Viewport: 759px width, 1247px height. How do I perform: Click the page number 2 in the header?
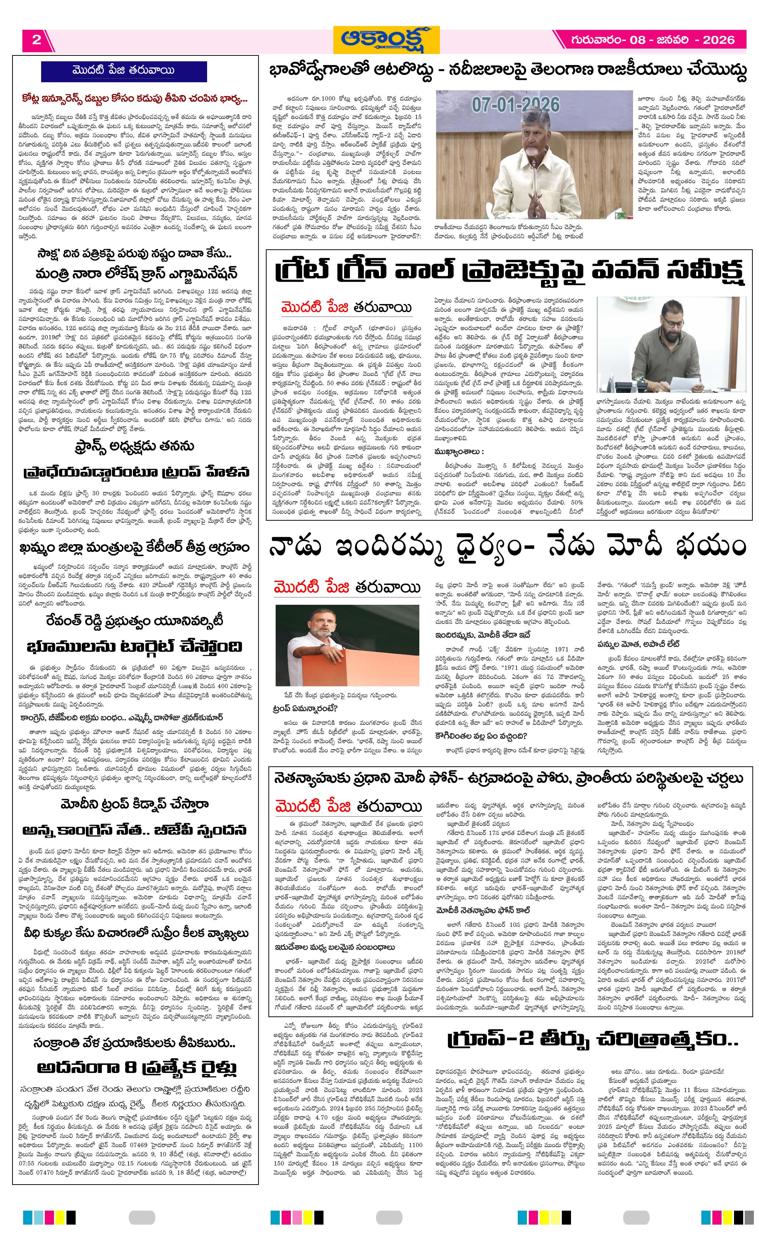pos(36,40)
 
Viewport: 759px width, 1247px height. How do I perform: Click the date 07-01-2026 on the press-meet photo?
pos(516,105)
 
